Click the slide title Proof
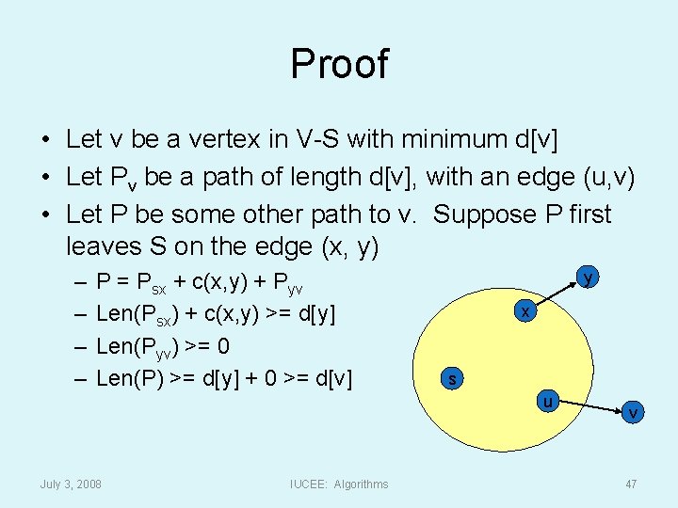tap(339, 64)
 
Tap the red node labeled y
tap(588, 278)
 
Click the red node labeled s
tap(453, 379)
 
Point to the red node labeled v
tap(633, 412)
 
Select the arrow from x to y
tap(557, 294)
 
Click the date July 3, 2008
tap(71, 484)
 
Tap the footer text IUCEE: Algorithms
tap(339, 484)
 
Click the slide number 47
tap(631, 484)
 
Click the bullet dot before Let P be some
tap(45, 214)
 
